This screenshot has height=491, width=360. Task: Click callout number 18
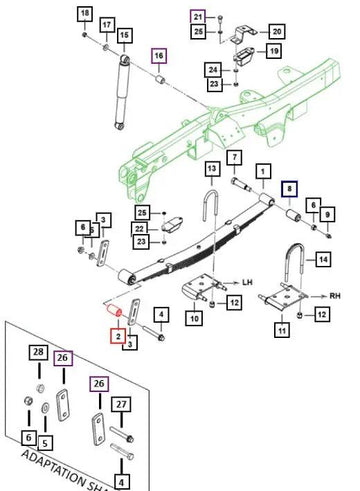tap(85, 12)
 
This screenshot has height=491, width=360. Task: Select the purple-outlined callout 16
tap(159, 55)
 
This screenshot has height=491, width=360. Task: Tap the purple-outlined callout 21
tap(198, 18)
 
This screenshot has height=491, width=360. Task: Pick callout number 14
tap(322, 260)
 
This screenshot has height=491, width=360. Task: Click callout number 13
tap(212, 167)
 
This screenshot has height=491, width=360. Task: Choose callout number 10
tap(194, 318)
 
